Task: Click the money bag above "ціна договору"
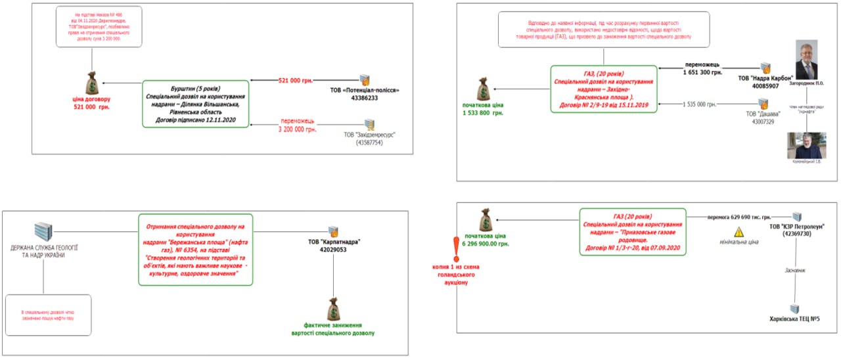(91, 83)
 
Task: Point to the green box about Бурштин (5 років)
(196, 104)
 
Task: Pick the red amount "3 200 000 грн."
(298, 129)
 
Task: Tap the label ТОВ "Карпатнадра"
(334, 241)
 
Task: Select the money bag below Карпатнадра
(334, 309)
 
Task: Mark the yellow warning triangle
(739, 232)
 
